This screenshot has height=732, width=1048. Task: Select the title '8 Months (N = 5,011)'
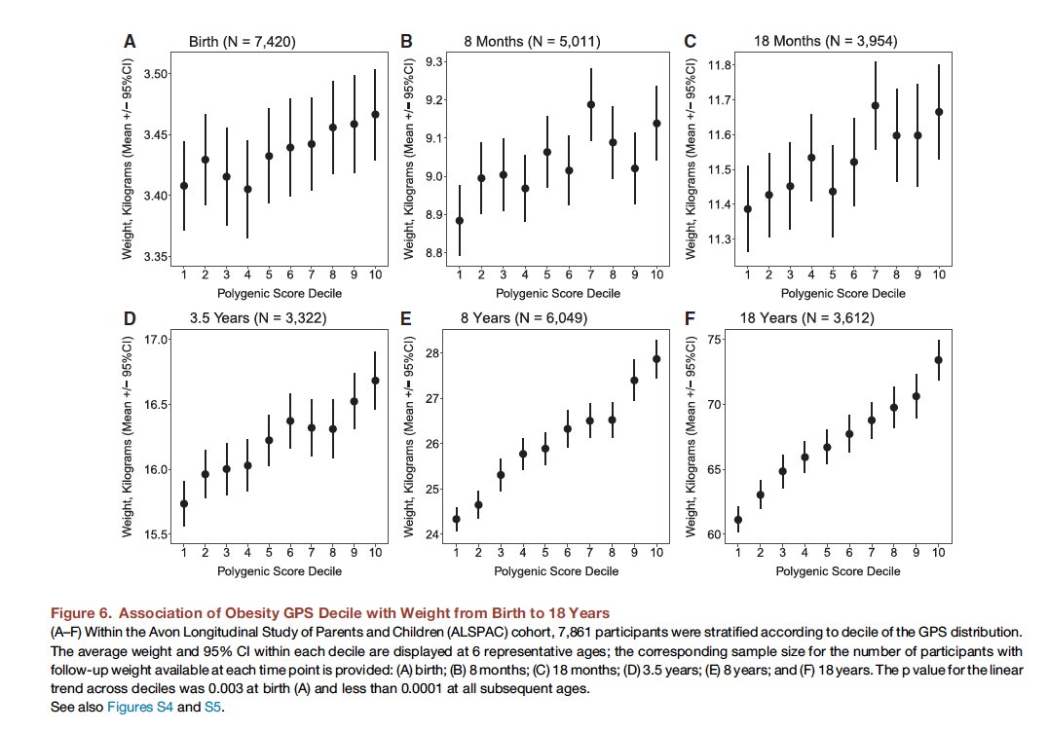coord(530,42)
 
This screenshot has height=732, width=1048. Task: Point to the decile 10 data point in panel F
coord(939,360)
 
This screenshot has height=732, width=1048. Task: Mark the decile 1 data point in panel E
coord(456,519)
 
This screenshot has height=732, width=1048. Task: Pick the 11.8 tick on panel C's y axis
coord(721,65)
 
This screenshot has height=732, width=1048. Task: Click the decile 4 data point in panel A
coord(247,189)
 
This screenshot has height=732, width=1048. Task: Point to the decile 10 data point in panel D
coord(376,381)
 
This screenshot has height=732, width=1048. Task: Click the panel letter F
coord(691,319)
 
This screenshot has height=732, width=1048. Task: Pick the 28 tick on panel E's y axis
coord(438,352)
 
